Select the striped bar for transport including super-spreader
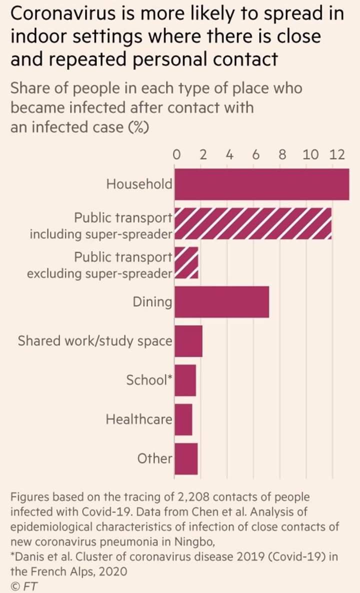pos(252,224)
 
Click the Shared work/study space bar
pos(188,341)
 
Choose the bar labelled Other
pos(185,458)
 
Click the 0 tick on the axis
pos(176,154)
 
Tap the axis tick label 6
pos(255,154)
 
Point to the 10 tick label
pos(310,154)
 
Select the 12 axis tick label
pos(337,154)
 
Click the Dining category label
pos(152,302)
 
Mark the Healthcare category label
pos(139,419)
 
